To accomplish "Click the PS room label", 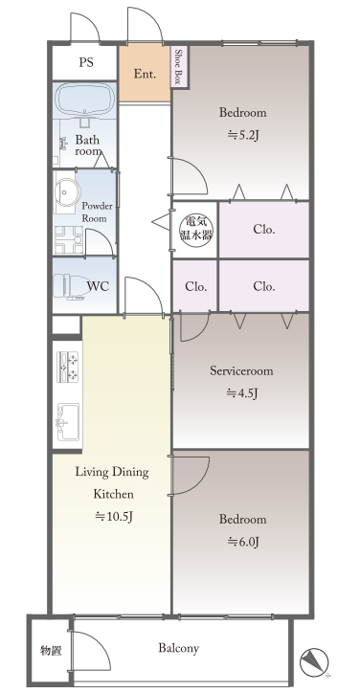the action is point(86,62).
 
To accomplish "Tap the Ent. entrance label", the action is point(145,74).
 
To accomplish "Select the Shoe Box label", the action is point(179,66).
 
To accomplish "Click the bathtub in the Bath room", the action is point(86,99).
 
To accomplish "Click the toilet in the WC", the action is point(69,286).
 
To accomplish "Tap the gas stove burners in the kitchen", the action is point(68,367).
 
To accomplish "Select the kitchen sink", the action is point(68,421).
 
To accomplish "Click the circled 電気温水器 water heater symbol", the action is point(195,230).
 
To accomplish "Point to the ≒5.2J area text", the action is point(242,135).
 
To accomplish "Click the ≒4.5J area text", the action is point(242,392).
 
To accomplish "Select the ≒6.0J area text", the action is point(242,541).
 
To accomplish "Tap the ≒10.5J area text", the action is point(114,516).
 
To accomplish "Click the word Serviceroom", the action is point(241,370).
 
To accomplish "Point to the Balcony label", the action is point(178,648).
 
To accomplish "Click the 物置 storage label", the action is point(51,651).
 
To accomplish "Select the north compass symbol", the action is point(314,662).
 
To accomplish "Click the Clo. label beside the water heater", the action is point(264,230).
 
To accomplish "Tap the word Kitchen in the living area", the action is point(114,494).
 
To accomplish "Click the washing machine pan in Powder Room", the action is point(69,240).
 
